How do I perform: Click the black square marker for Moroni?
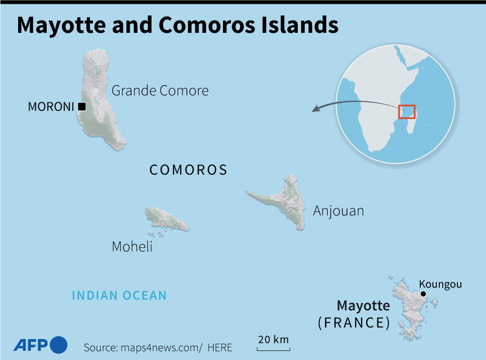[x=82, y=107]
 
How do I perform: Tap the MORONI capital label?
[x=51, y=107]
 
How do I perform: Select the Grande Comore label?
[x=160, y=90]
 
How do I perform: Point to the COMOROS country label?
[x=189, y=170]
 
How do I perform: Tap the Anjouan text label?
[x=338, y=210]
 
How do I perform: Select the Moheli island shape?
[x=164, y=219]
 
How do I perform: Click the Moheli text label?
[x=132, y=246]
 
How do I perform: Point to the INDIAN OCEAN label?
[x=119, y=296]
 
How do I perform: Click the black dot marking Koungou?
[x=423, y=294]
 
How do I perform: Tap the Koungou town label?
[x=440, y=284]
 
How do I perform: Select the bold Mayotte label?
[x=363, y=305]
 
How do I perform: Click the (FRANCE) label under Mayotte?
[x=354, y=323]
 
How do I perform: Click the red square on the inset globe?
[x=407, y=111]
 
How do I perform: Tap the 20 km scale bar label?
[x=273, y=340]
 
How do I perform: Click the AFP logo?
[x=40, y=344]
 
